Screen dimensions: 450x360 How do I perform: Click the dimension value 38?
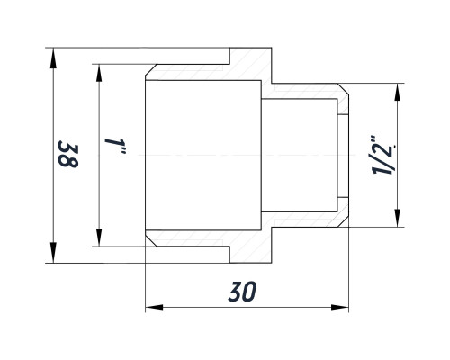[x=68, y=154]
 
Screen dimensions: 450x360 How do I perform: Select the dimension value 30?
[x=242, y=292]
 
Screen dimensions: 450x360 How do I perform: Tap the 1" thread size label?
[x=115, y=146]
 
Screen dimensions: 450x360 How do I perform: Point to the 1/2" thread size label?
[x=383, y=155]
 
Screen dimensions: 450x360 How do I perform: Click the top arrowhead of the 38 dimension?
[x=53, y=58]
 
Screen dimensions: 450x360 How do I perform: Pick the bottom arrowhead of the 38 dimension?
[x=53, y=253]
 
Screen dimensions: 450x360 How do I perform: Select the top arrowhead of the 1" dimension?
[x=99, y=74]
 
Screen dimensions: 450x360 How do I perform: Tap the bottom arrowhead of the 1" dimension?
[x=99, y=237]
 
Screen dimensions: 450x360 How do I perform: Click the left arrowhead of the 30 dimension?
[x=155, y=307]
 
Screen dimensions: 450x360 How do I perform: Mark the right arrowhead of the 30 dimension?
[x=339, y=307]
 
